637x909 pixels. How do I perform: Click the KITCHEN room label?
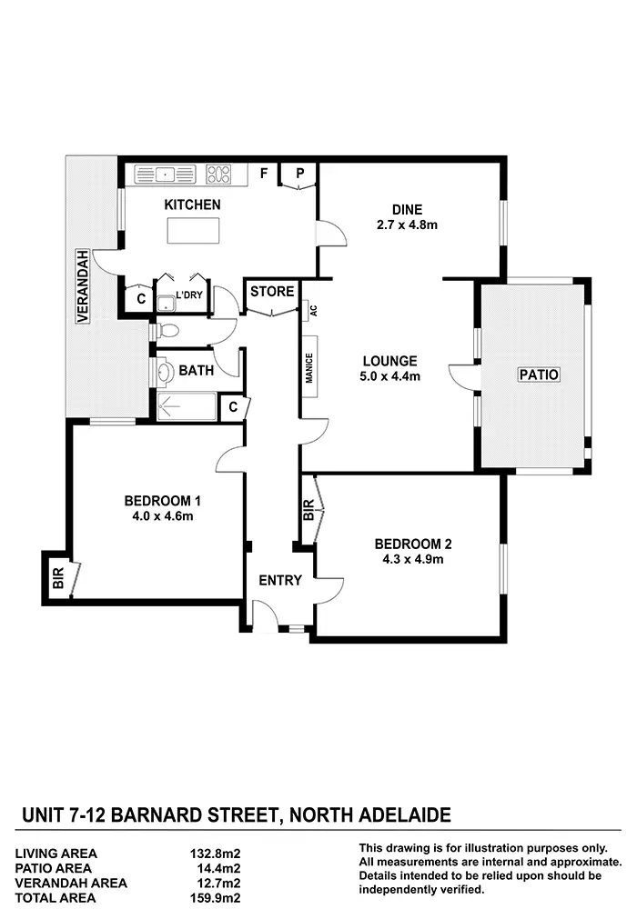(x=192, y=205)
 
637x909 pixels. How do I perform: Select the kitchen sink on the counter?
(x=166, y=173)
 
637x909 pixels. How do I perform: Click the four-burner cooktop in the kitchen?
(x=219, y=173)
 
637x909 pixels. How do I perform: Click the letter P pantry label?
(x=298, y=173)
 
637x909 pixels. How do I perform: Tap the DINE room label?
(x=407, y=208)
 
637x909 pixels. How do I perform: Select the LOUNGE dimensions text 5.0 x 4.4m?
(x=388, y=375)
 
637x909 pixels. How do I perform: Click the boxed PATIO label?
(x=538, y=374)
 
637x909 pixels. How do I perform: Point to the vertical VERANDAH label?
(x=82, y=286)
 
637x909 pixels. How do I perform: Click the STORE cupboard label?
(x=272, y=292)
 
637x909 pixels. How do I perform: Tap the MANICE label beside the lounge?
(x=309, y=369)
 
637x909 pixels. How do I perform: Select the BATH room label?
(x=196, y=370)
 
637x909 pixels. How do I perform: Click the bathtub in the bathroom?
(x=187, y=406)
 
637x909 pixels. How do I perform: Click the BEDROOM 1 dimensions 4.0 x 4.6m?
(x=162, y=516)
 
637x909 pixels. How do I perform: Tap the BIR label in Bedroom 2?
(x=309, y=510)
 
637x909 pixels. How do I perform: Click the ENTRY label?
(x=280, y=580)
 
